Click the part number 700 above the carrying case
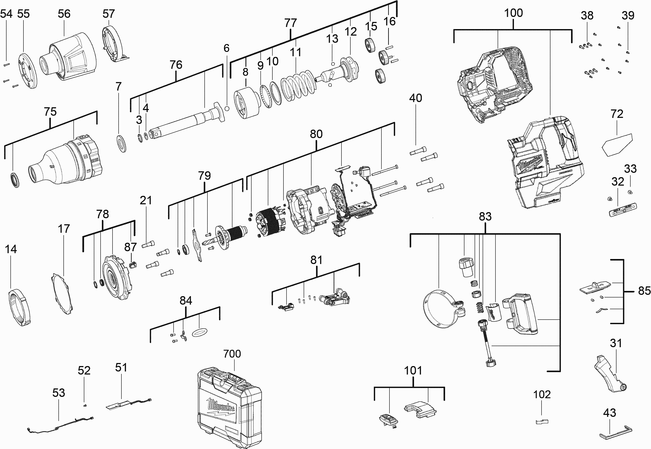pyautogui.click(x=232, y=354)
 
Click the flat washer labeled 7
pyautogui.click(x=121, y=143)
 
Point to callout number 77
pyautogui.click(x=290, y=23)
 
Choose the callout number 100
pyautogui.click(x=513, y=13)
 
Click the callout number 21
pyautogui.click(x=146, y=201)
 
